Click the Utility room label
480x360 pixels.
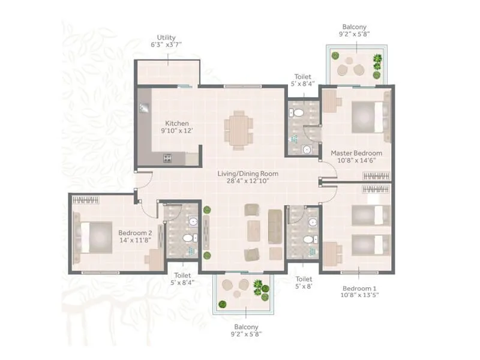tap(166, 37)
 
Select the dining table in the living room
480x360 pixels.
tap(239, 129)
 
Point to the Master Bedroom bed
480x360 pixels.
tap(367, 115)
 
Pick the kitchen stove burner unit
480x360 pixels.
tap(168, 159)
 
